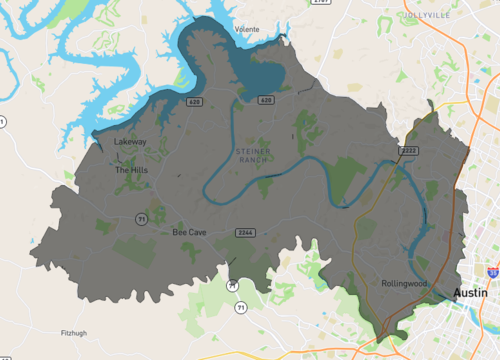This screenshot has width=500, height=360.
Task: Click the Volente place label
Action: pyautogui.click(x=247, y=30)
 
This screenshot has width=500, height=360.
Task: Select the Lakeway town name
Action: pyautogui.click(x=130, y=142)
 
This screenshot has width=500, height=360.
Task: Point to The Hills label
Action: pyautogui.click(x=131, y=170)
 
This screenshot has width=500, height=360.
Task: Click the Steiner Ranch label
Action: pyautogui.click(x=252, y=155)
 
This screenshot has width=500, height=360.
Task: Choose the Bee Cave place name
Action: pyautogui.click(x=189, y=232)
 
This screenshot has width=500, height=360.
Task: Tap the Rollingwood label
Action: pyautogui.click(x=404, y=284)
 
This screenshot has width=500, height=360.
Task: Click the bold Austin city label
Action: pyautogui.click(x=471, y=293)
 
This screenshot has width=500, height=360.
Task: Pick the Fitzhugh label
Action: pyautogui.click(x=74, y=333)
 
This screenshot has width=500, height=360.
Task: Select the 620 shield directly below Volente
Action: pyautogui.click(x=266, y=100)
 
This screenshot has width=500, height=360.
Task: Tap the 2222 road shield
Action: pyautogui.click(x=409, y=151)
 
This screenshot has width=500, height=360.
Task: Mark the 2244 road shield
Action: pyautogui.click(x=244, y=232)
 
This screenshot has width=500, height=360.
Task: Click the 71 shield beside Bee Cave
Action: pyautogui.click(x=142, y=217)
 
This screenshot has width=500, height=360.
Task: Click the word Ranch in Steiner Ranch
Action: pyautogui.click(x=253, y=161)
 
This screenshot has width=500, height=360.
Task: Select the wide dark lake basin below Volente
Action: pyautogui.click(x=262, y=73)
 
